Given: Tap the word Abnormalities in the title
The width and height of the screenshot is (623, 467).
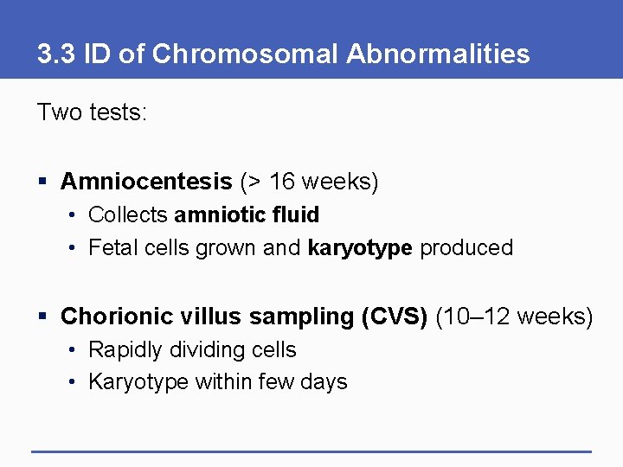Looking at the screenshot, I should (x=438, y=54).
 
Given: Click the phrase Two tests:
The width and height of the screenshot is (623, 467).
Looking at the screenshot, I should (x=92, y=112).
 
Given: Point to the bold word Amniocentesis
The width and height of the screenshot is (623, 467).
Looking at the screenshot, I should (x=146, y=182).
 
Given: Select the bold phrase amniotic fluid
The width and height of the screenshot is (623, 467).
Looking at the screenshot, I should (x=247, y=214).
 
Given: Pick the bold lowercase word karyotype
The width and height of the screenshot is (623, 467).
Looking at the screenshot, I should (x=359, y=248).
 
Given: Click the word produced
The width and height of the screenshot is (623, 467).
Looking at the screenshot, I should (x=466, y=248).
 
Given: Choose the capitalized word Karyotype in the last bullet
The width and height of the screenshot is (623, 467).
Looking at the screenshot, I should (x=139, y=382).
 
